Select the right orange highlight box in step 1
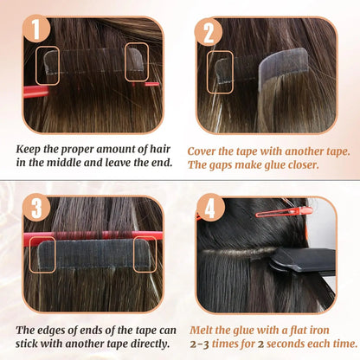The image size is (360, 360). [139, 62]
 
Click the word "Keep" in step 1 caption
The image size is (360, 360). [31, 147]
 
